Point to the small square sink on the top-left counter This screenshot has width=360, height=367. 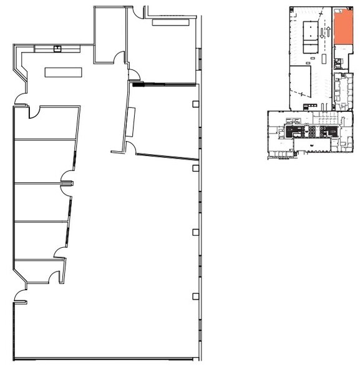[x=57, y=47]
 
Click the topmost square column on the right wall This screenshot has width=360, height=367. [x=196, y=104]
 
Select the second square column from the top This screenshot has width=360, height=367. [x=196, y=168]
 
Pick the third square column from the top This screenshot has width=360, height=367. [x=196, y=232]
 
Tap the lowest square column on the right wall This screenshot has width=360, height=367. [x=196, y=296]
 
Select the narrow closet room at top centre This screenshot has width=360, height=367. [x=109, y=34]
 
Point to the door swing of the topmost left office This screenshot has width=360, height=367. [x=34, y=113]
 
